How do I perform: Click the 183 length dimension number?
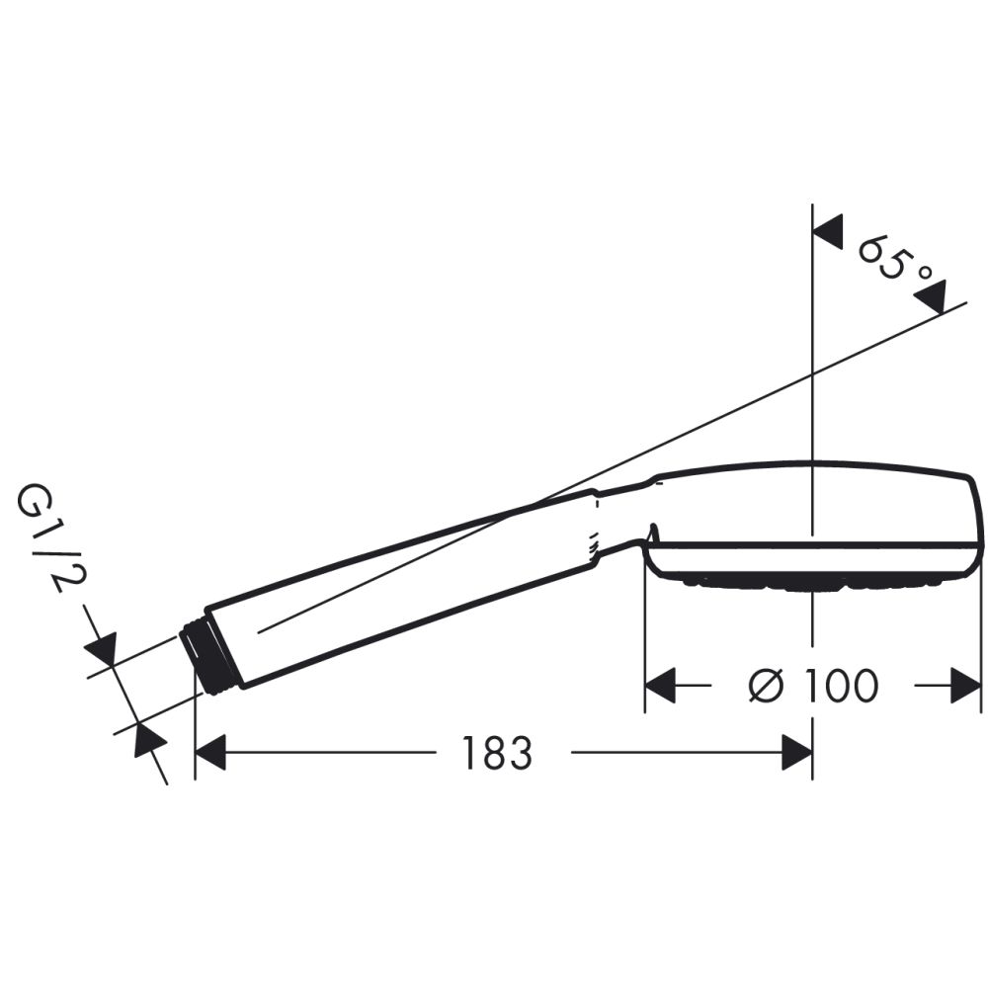pos(497,753)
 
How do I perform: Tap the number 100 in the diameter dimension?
pos(839,686)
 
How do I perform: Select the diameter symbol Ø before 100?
pos(767,686)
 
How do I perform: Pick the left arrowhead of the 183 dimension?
pos(210,753)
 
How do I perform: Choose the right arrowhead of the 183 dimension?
pos(796,753)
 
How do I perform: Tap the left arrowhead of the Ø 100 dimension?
pos(660,686)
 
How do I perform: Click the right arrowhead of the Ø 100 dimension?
pos(965,686)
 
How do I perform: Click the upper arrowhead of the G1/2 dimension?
pos(102,649)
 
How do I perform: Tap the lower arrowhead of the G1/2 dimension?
pos(148,739)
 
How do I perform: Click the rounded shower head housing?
pos(820,514)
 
